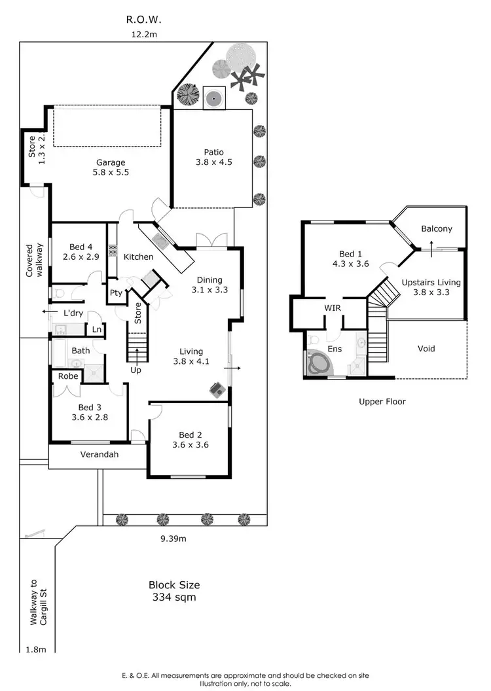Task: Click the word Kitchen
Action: pyautogui.click(x=139, y=257)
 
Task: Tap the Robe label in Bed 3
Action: pyautogui.click(x=68, y=376)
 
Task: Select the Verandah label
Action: pyautogui.click(x=99, y=454)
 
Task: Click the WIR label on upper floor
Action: pyautogui.click(x=333, y=307)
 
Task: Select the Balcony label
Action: pyautogui.click(x=436, y=229)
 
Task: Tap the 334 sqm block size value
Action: pyautogui.click(x=174, y=597)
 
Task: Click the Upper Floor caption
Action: pyautogui.click(x=382, y=401)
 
